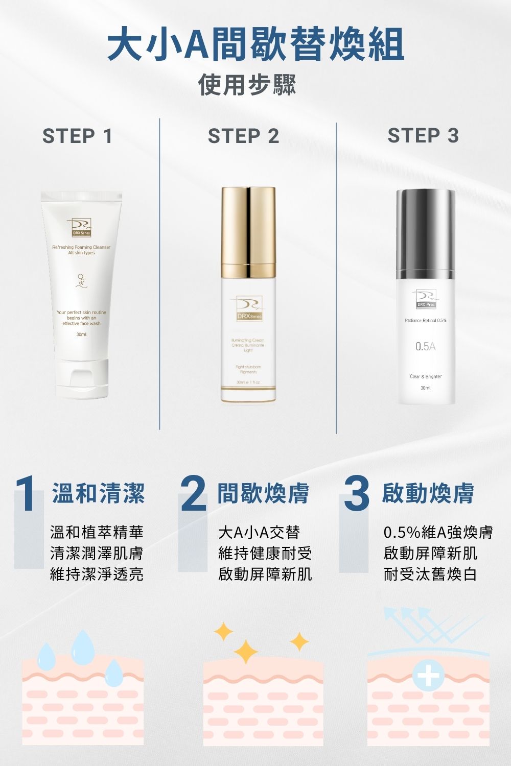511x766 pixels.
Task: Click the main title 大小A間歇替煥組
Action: click(255, 45)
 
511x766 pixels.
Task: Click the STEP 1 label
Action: click(78, 136)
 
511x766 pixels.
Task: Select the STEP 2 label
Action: click(244, 136)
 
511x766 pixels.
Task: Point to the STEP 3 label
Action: click(424, 136)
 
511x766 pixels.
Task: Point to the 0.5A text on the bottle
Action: click(425, 347)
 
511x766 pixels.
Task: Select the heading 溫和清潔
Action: click(98, 493)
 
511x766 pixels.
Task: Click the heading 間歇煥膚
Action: click(263, 493)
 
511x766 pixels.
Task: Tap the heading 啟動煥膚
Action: click(428, 493)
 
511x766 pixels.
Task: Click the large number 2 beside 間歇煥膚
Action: click(193, 494)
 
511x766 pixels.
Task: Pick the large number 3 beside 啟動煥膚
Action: click(356, 494)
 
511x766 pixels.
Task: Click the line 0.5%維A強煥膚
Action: click(438, 532)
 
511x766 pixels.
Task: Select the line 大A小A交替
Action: click(259, 532)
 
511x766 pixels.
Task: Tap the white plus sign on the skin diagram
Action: click(428, 677)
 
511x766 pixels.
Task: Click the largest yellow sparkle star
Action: click(246, 652)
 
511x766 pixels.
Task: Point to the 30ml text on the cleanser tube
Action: click(81, 334)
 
